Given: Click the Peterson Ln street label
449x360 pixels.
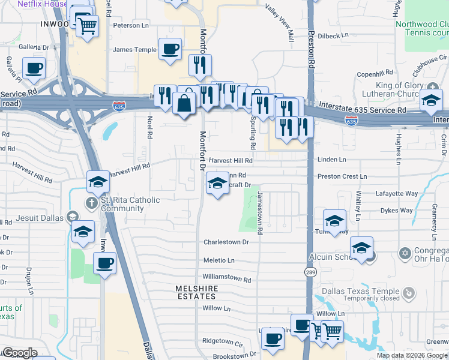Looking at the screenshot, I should coord(131,26).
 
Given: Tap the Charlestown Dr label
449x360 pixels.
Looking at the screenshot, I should coord(226,242).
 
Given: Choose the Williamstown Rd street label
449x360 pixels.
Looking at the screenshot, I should coord(226,279).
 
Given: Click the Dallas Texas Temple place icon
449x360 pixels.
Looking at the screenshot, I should coord(409,293).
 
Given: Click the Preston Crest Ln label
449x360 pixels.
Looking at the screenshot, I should coord(342,177).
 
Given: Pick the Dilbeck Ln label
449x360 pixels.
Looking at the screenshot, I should coord(333,36).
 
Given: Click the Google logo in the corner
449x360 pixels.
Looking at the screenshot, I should coord(20,353).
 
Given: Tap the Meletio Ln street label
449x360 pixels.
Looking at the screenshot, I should coord(218,260).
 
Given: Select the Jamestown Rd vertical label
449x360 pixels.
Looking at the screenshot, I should coord(260,213).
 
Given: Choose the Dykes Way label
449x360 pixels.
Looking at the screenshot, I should coord(398,211).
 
